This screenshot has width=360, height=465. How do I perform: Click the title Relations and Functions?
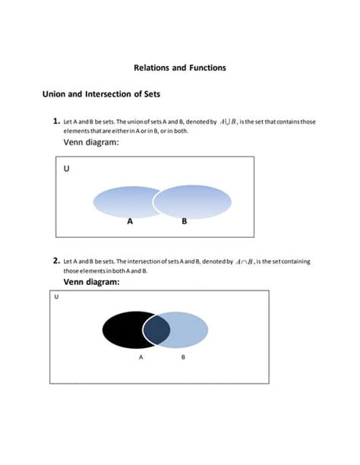click(x=180, y=68)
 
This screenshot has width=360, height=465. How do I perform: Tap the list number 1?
click(x=56, y=120)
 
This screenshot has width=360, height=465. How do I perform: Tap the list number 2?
click(x=56, y=261)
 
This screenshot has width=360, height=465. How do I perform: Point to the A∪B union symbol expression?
click(x=229, y=121)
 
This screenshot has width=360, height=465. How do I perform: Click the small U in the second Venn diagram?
click(x=57, y=297)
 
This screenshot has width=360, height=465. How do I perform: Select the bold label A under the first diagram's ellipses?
click(x=130, y=222)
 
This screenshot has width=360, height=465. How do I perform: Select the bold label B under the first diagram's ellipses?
click(x=184, y=222)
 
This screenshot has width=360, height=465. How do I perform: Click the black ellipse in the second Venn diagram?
click(x=122, y=328)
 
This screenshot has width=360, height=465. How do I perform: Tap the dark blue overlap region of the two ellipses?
click(x=156, y=328)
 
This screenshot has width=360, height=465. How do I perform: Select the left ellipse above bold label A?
click(x=122, y=201)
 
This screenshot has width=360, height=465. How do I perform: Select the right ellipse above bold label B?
click(x=193, y=201)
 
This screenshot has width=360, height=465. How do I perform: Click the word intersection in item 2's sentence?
click(x=152, y=262)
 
